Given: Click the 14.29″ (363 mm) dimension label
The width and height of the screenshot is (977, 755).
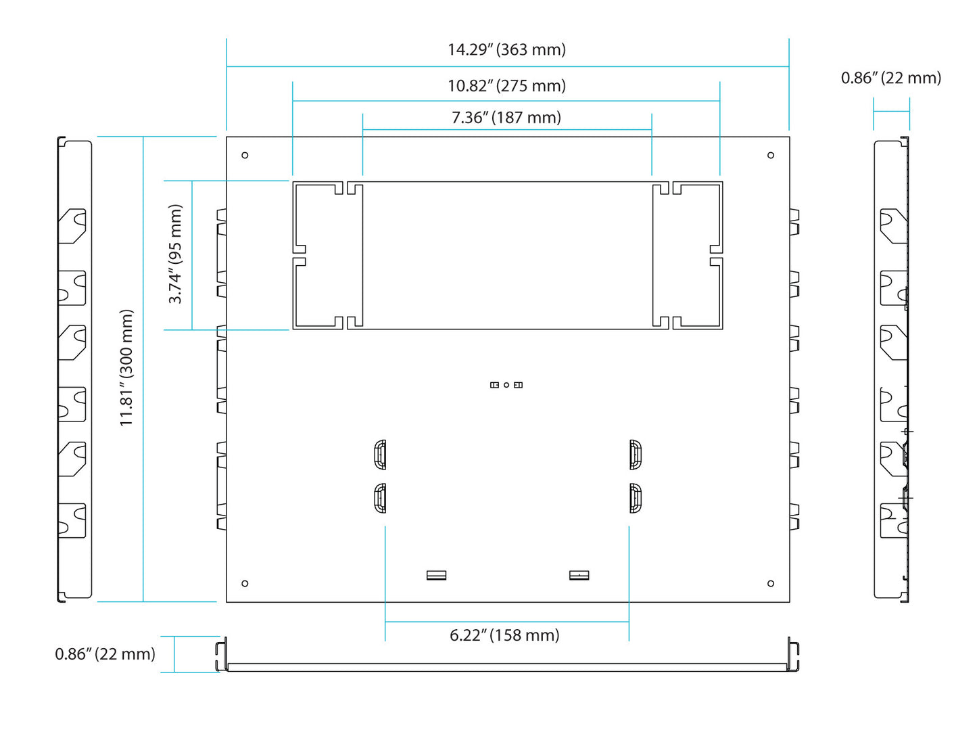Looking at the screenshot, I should pos(506,49).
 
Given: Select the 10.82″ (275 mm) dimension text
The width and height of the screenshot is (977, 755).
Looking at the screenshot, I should pos(506,86).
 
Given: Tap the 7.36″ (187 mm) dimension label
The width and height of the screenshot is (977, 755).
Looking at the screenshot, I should pos(506,118).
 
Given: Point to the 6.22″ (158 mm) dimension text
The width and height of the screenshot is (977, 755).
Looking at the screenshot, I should pos(504,635).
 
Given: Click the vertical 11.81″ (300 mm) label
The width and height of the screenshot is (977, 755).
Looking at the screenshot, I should pos(126,368).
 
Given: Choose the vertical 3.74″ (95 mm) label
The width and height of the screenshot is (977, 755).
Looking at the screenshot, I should pos(175,254).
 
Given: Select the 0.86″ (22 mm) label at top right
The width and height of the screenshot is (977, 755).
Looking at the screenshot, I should pos(890,78).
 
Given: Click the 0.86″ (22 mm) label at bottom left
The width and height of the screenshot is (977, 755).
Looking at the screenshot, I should pos(105,654).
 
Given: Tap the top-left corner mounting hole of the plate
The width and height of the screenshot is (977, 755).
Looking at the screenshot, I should pos(245,156).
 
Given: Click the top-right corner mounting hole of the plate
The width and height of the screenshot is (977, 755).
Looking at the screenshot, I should pos(771,156).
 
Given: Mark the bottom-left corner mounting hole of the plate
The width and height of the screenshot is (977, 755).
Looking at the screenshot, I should pos(245,583).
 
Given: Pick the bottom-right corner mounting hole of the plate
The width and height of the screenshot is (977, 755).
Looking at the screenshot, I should pos(771,583).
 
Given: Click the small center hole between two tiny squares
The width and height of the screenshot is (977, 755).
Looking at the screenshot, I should pos(506,385).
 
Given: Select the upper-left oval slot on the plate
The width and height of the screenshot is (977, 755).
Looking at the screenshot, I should pos(380,455).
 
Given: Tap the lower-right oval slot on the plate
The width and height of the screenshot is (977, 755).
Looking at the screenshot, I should pos(635,499).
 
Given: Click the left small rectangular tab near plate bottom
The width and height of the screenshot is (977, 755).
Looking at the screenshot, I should pos(437,575).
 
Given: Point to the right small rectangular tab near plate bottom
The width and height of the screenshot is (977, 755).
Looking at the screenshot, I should pos(579,575).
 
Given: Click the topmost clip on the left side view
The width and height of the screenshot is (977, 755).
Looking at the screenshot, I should pos(72,226).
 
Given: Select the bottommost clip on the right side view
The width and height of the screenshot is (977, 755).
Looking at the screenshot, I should pos(893,521).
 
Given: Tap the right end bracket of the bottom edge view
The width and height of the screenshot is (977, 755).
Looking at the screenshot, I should pos(793,655).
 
